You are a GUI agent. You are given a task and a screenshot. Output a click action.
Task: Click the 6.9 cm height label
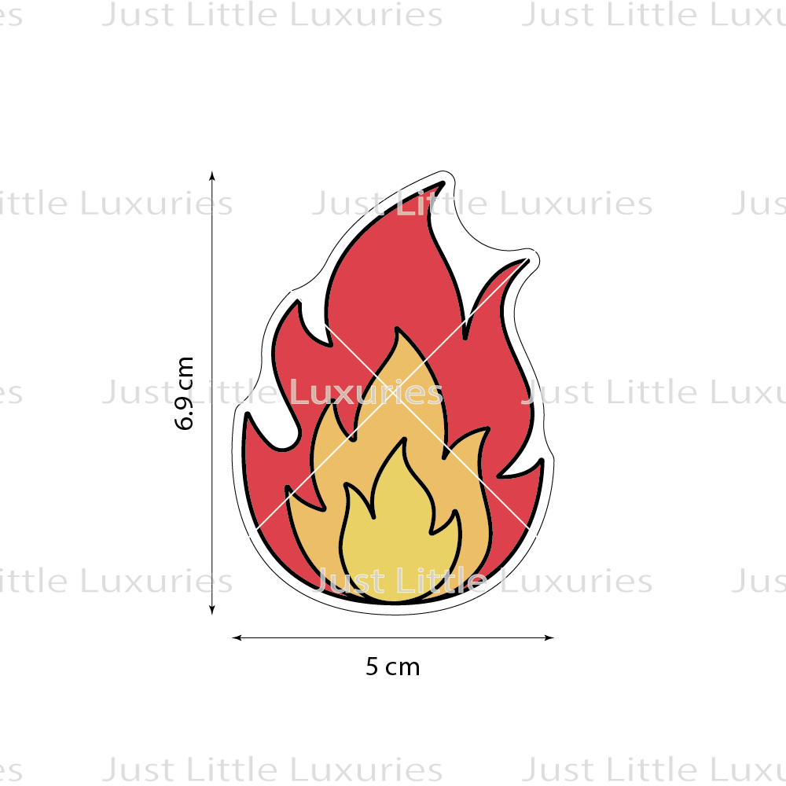[185, 393]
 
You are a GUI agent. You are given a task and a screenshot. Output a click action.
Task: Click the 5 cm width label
[392, 667]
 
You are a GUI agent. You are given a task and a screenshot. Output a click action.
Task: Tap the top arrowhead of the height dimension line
[212, 174]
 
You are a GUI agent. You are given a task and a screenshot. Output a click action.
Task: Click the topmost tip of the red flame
[446, 185]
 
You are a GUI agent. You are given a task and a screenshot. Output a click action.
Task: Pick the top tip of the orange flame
[399, 331]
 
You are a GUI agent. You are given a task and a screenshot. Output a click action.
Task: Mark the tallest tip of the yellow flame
[404, 441]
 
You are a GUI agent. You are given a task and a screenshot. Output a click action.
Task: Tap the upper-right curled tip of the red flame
[528, 261]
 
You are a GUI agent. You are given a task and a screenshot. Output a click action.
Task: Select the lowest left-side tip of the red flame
[248, 415]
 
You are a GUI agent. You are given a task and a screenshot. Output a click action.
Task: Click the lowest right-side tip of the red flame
[541, 462]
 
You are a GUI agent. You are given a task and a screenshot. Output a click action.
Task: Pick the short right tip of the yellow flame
[457, 513]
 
